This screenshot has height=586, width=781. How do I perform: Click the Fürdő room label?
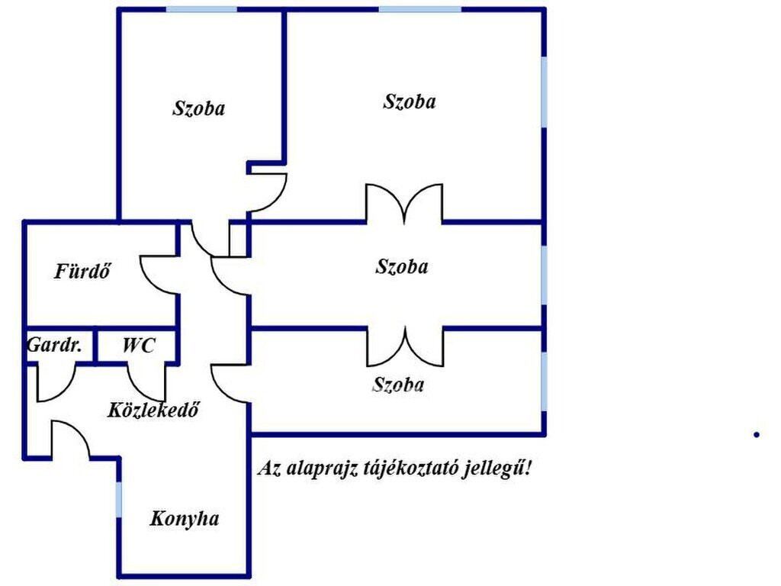pos(82,272)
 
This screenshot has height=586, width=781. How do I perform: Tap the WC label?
pos(139,345)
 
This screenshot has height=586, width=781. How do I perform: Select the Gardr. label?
pos(54,345)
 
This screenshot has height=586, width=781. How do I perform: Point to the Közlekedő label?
pos(153,410)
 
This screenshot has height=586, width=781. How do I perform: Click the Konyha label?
pos(185,519)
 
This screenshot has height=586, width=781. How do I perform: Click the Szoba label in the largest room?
pos(410,101)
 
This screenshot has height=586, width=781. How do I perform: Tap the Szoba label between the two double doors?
pos(401,266)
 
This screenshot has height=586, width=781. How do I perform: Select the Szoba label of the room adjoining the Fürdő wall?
pos(199,108)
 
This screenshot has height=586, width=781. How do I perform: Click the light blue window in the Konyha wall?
pos(118,499)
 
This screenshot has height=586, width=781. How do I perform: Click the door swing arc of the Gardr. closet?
pos(56,383)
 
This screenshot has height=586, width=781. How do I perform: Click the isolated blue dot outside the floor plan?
pos(757,434)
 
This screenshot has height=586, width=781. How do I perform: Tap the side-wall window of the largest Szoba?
pos(544,92)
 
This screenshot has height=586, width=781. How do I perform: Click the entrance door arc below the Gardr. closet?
pos(71,439)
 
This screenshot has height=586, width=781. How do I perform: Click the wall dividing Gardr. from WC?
pos(95,346)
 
